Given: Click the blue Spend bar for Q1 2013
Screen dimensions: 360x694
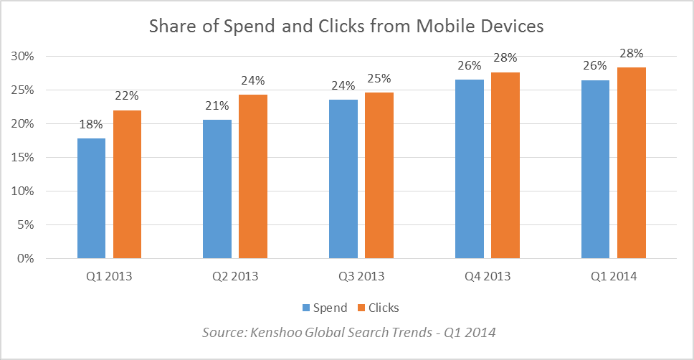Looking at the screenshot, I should coord(91,198).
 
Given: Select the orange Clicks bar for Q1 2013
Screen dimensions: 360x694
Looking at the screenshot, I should coord(127,184).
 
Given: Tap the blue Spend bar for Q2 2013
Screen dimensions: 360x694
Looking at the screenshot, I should coord(217,189).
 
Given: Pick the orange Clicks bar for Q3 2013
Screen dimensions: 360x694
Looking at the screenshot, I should coord(379,175).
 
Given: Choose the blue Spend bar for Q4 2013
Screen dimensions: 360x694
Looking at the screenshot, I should coord(469,169).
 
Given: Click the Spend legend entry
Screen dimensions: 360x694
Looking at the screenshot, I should coord(324,308).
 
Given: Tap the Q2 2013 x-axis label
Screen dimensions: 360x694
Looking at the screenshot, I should coord(235,276).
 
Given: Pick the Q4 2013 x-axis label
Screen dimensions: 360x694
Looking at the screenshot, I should coord(487,276).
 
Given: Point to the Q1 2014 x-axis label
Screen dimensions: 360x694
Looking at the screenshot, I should coord(614,276).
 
